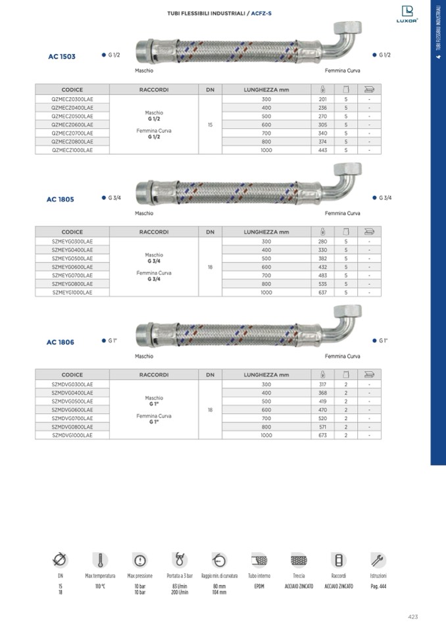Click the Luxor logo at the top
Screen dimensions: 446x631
pos(407,14)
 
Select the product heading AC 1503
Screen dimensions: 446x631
pos(62,57)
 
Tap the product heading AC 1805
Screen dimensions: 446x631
pos(61,199)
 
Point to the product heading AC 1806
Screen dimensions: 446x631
pos(61,342)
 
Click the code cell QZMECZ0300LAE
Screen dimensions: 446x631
pos(72,99)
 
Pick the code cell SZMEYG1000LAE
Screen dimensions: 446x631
pos(72,293)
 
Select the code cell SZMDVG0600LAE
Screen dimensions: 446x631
pos(72,410)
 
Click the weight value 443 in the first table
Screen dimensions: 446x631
pos(322,150)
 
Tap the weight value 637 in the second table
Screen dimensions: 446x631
pos(322,293)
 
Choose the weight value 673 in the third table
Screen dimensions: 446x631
pos(322,435)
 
